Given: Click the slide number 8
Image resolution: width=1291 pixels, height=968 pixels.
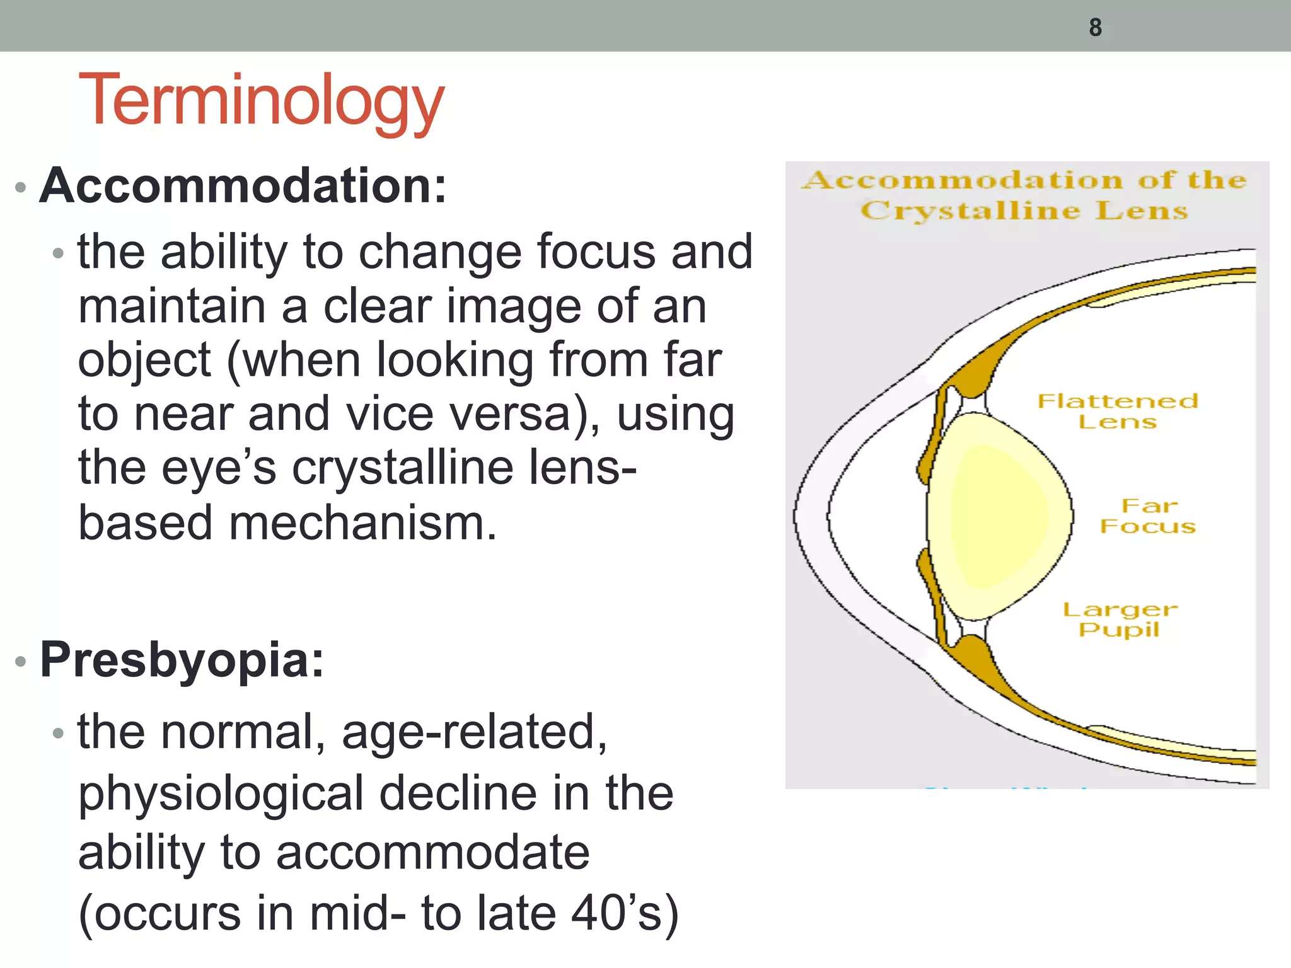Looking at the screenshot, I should pos(1095,28).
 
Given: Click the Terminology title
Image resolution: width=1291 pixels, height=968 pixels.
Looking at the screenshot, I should pos(261,101).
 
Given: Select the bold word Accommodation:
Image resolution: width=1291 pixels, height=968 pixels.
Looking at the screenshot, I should pos(243,186).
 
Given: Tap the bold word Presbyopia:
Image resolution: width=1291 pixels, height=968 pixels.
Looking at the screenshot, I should pos(182,660).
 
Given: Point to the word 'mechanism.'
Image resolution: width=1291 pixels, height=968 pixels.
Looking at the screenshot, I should pos(362,523).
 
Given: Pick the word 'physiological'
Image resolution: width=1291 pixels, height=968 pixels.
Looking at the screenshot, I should pos(221,793).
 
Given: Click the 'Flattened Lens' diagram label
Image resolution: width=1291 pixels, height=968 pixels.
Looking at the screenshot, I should pos(1117,411).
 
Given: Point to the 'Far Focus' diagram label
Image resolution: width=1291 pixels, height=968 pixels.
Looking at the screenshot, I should pos(1148,516).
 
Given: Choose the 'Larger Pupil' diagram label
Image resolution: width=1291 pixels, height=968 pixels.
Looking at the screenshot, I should pos(1120,619).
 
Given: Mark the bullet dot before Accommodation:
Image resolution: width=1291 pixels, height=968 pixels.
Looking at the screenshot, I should pos(21,187).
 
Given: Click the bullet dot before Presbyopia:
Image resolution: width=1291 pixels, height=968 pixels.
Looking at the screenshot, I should pos(21,661).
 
